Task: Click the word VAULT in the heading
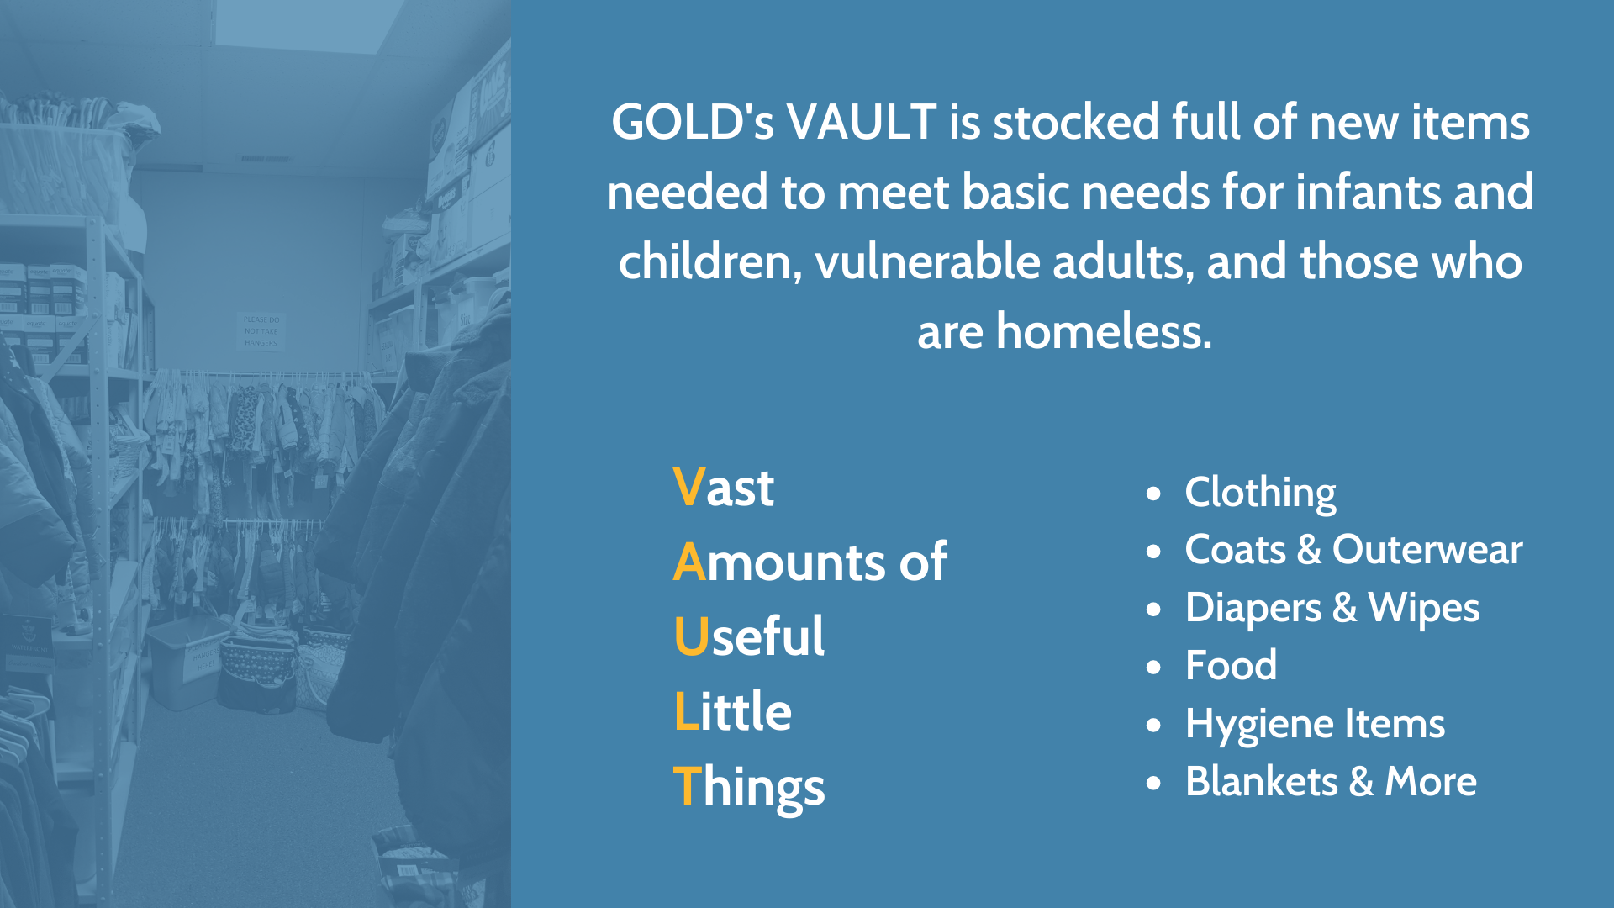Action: click(862, 122)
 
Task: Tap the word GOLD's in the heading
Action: click(693, 122)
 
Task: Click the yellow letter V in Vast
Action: click(688, 487)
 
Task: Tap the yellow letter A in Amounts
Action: click(689, 562)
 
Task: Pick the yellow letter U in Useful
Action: click(692, 636)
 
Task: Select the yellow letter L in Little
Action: click(687, 711)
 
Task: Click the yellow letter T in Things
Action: click(688, 786)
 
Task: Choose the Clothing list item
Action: click(1260, 493)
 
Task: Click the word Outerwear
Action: click(1427, 550)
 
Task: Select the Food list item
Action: click(1231, 665)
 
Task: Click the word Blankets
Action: click(1261, 781)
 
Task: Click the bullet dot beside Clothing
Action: click(1154, 494)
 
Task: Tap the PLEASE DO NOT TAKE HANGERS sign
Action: click(261, 331)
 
